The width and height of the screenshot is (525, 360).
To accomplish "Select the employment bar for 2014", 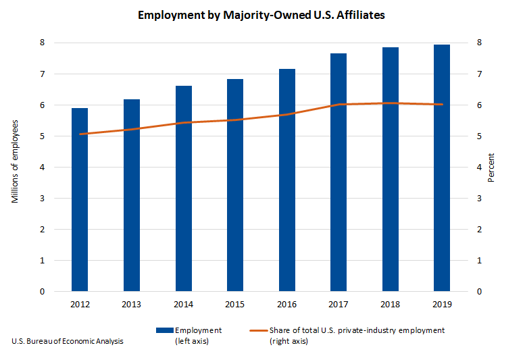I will tap(183, 188).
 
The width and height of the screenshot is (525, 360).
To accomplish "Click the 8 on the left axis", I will tap(42, 43).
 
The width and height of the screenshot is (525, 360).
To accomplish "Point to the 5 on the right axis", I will tap(479, 136).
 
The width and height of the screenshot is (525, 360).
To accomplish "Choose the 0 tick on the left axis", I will tap(42, 292).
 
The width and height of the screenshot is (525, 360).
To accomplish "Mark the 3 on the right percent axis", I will tap(479, 199).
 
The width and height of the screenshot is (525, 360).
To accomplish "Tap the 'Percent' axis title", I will tap(491, 168).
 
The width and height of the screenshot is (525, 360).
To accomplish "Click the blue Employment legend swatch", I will tap(164, 330).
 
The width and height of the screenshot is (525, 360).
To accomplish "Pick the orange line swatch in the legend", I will tap(259, 330).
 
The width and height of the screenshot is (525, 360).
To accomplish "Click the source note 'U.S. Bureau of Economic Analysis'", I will tap(68, 341).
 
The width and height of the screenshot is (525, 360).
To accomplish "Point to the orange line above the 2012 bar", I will tap(80, 134).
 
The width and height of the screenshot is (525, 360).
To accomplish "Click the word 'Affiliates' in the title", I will tap(361, 14).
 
